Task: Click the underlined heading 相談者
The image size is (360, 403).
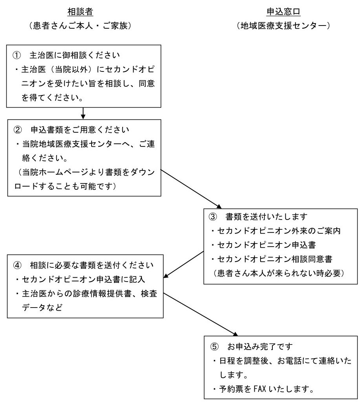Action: [x=80, y=12]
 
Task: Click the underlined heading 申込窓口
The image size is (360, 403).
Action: [x=283, y=12]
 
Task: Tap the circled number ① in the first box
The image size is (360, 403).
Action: [x=17, y=55]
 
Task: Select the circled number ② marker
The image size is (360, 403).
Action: [x=17, y=130]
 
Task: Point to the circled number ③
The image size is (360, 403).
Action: [x=213, y=217]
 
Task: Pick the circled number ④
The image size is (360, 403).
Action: [x=17, y=265]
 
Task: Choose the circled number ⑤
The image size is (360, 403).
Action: [x=214, y=347]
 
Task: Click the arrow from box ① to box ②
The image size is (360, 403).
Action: [x=83, y=114]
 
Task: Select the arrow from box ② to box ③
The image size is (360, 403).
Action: [x=191, y=189]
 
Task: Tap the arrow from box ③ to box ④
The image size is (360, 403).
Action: [x=184, y=264]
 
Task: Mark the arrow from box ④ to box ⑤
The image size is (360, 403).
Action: [x=200, y=314]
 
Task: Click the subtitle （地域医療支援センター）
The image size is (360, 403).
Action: [x=283, y=26]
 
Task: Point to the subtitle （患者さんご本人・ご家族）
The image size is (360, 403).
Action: [x=80, y=26]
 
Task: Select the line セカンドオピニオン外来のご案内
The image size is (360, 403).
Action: [x=279, y=231]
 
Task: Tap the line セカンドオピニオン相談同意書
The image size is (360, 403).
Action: [x=275, y=259]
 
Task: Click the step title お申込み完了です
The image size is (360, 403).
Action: [x=260, y=347]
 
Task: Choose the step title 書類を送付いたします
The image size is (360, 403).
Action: [x=266, y=217]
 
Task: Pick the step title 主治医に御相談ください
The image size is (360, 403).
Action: [x=75, y=55]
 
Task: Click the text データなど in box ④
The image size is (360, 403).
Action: [x=42, y=308]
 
